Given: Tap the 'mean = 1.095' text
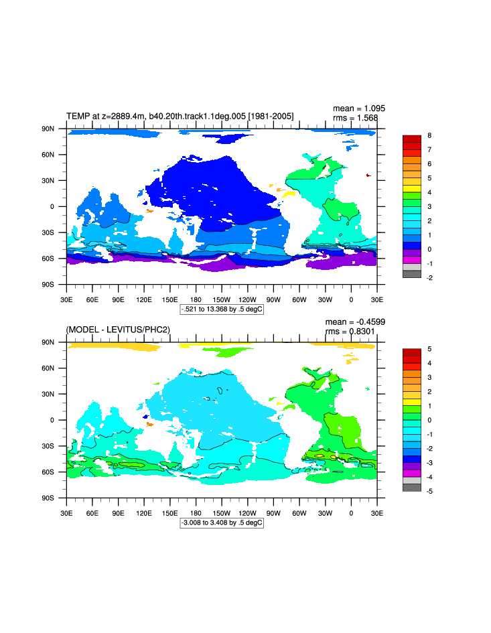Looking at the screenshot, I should click(x=359, y=108).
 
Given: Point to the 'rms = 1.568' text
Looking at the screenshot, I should click(x=356, y=118).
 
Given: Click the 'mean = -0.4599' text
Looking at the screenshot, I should click(x=355, y=322).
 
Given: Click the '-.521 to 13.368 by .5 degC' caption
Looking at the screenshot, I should click(x=222, y=309).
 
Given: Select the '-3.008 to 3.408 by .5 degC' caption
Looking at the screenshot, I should click(x=222, y=522).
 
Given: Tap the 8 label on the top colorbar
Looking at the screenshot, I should click(x=429, y=135).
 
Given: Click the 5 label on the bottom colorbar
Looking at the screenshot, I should click(x=429, y=349).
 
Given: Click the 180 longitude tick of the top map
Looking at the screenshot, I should click(x=196, y=299).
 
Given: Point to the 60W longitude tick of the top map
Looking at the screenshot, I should click(x=299, y=299).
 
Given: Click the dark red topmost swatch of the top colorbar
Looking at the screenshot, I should click(x=411, y=139).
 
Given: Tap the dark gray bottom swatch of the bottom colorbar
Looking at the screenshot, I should click(x=411, y=488).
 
